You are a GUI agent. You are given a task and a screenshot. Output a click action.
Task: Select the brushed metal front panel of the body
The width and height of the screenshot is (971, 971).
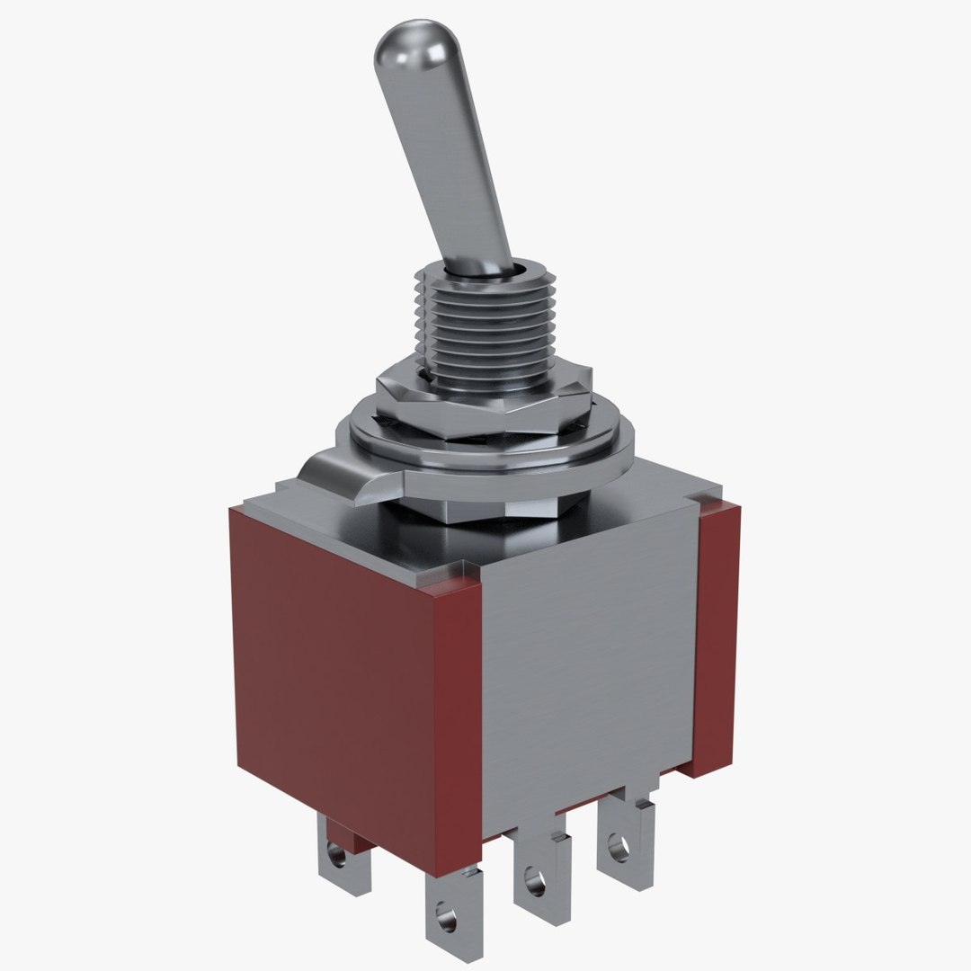pyautogui.click(x=589, y=665)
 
